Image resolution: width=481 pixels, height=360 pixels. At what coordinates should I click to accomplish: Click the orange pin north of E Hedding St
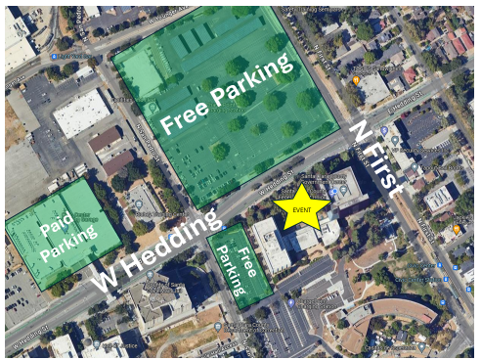pyautogui.click(x=356, y=79)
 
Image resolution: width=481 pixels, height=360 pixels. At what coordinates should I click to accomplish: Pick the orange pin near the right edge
pyautogui.click(x=456, y=230)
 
